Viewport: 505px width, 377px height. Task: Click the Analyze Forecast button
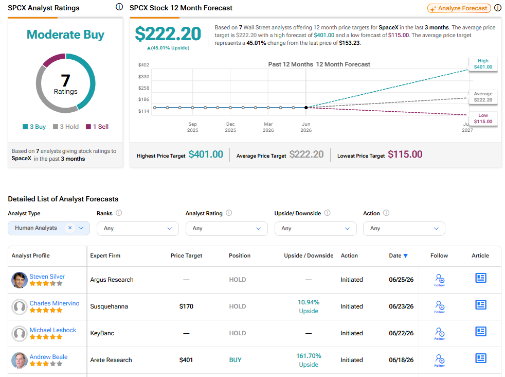(459, 8)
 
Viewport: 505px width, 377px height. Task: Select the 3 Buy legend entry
(34, 127)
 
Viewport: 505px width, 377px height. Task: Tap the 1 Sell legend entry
(97, 127)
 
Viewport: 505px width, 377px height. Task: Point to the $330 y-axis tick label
(143, 76)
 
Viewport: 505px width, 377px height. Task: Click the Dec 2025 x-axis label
(230, 127)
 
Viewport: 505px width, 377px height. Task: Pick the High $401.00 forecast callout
(483, 64)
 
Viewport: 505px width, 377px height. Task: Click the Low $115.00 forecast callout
(483, 118)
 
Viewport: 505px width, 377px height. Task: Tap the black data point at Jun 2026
(306, 108)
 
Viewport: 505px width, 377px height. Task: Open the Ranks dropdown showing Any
(137, 228)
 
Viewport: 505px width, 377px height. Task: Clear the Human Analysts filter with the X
(70, 228)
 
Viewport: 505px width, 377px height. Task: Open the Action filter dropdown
(404, 228)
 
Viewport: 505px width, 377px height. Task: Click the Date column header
(399, 255)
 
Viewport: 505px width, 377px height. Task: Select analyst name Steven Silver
(47, 277)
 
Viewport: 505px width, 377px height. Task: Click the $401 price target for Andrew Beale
(186, 360)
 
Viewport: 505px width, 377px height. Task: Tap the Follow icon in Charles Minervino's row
(440, 306)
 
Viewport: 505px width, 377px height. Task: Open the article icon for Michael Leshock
(480, 332)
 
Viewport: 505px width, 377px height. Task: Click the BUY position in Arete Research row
(235, 360)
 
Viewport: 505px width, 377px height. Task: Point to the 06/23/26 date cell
(401, 306)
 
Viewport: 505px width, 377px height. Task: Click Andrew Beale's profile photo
(20, 360)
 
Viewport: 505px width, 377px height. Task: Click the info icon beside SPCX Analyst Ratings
(119, 7)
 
